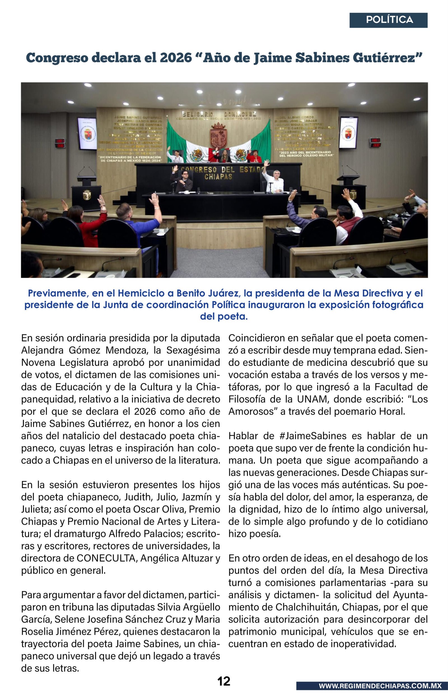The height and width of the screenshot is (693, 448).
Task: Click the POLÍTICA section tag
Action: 389,20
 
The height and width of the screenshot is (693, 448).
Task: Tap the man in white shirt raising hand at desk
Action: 274,182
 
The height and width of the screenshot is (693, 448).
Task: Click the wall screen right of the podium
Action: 348,133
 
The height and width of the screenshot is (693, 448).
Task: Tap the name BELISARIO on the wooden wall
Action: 197,114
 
